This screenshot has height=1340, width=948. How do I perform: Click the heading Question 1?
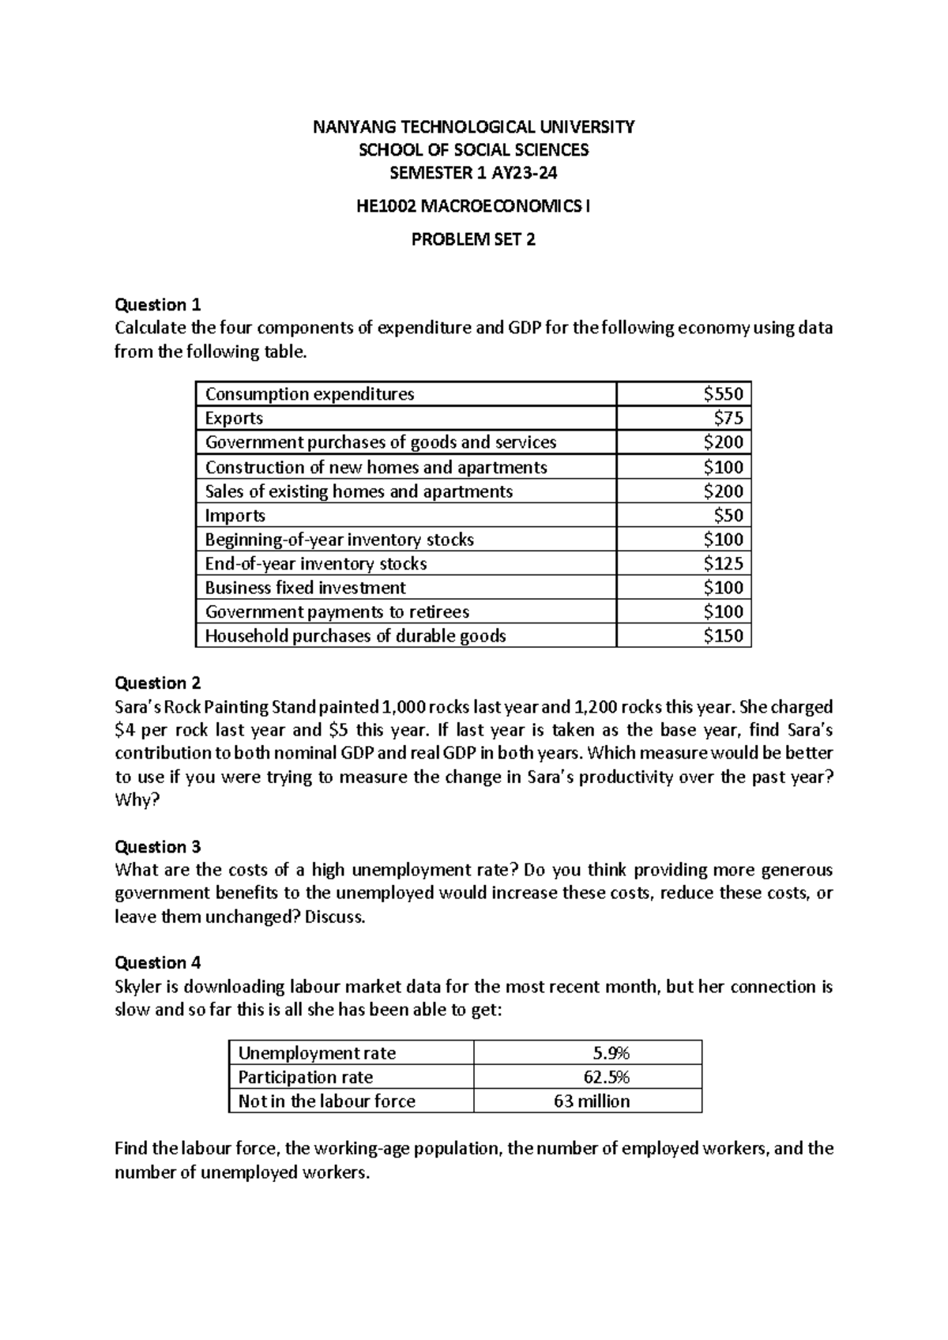(x=158, y=305)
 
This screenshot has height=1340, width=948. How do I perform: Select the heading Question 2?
(x=158, y=683)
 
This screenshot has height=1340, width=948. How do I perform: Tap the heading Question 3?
(x=158, y=847)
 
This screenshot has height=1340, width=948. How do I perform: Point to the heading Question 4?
(x=158, y=962)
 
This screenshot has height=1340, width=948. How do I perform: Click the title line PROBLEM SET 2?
(x=473, y=239)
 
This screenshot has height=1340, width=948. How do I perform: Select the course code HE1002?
(x=386, y=207)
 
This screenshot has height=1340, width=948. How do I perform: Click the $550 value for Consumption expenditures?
(x=723, y=394)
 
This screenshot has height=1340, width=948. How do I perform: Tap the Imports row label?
(x=235, y=515)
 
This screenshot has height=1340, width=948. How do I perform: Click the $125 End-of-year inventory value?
(x=723, y=563)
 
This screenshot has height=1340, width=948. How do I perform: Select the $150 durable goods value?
(x=723, y=635)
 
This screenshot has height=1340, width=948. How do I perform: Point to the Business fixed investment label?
(x=305, y=587)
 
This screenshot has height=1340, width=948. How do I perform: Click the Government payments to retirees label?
(x=337, y=612)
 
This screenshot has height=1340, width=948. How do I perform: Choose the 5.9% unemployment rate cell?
(x=611, y=1052)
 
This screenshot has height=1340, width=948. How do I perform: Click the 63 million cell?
(x=592, y=1101)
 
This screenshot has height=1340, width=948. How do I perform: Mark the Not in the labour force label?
(x=326, y=1101)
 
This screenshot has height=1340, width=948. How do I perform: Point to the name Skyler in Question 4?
(x=139, y=987)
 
